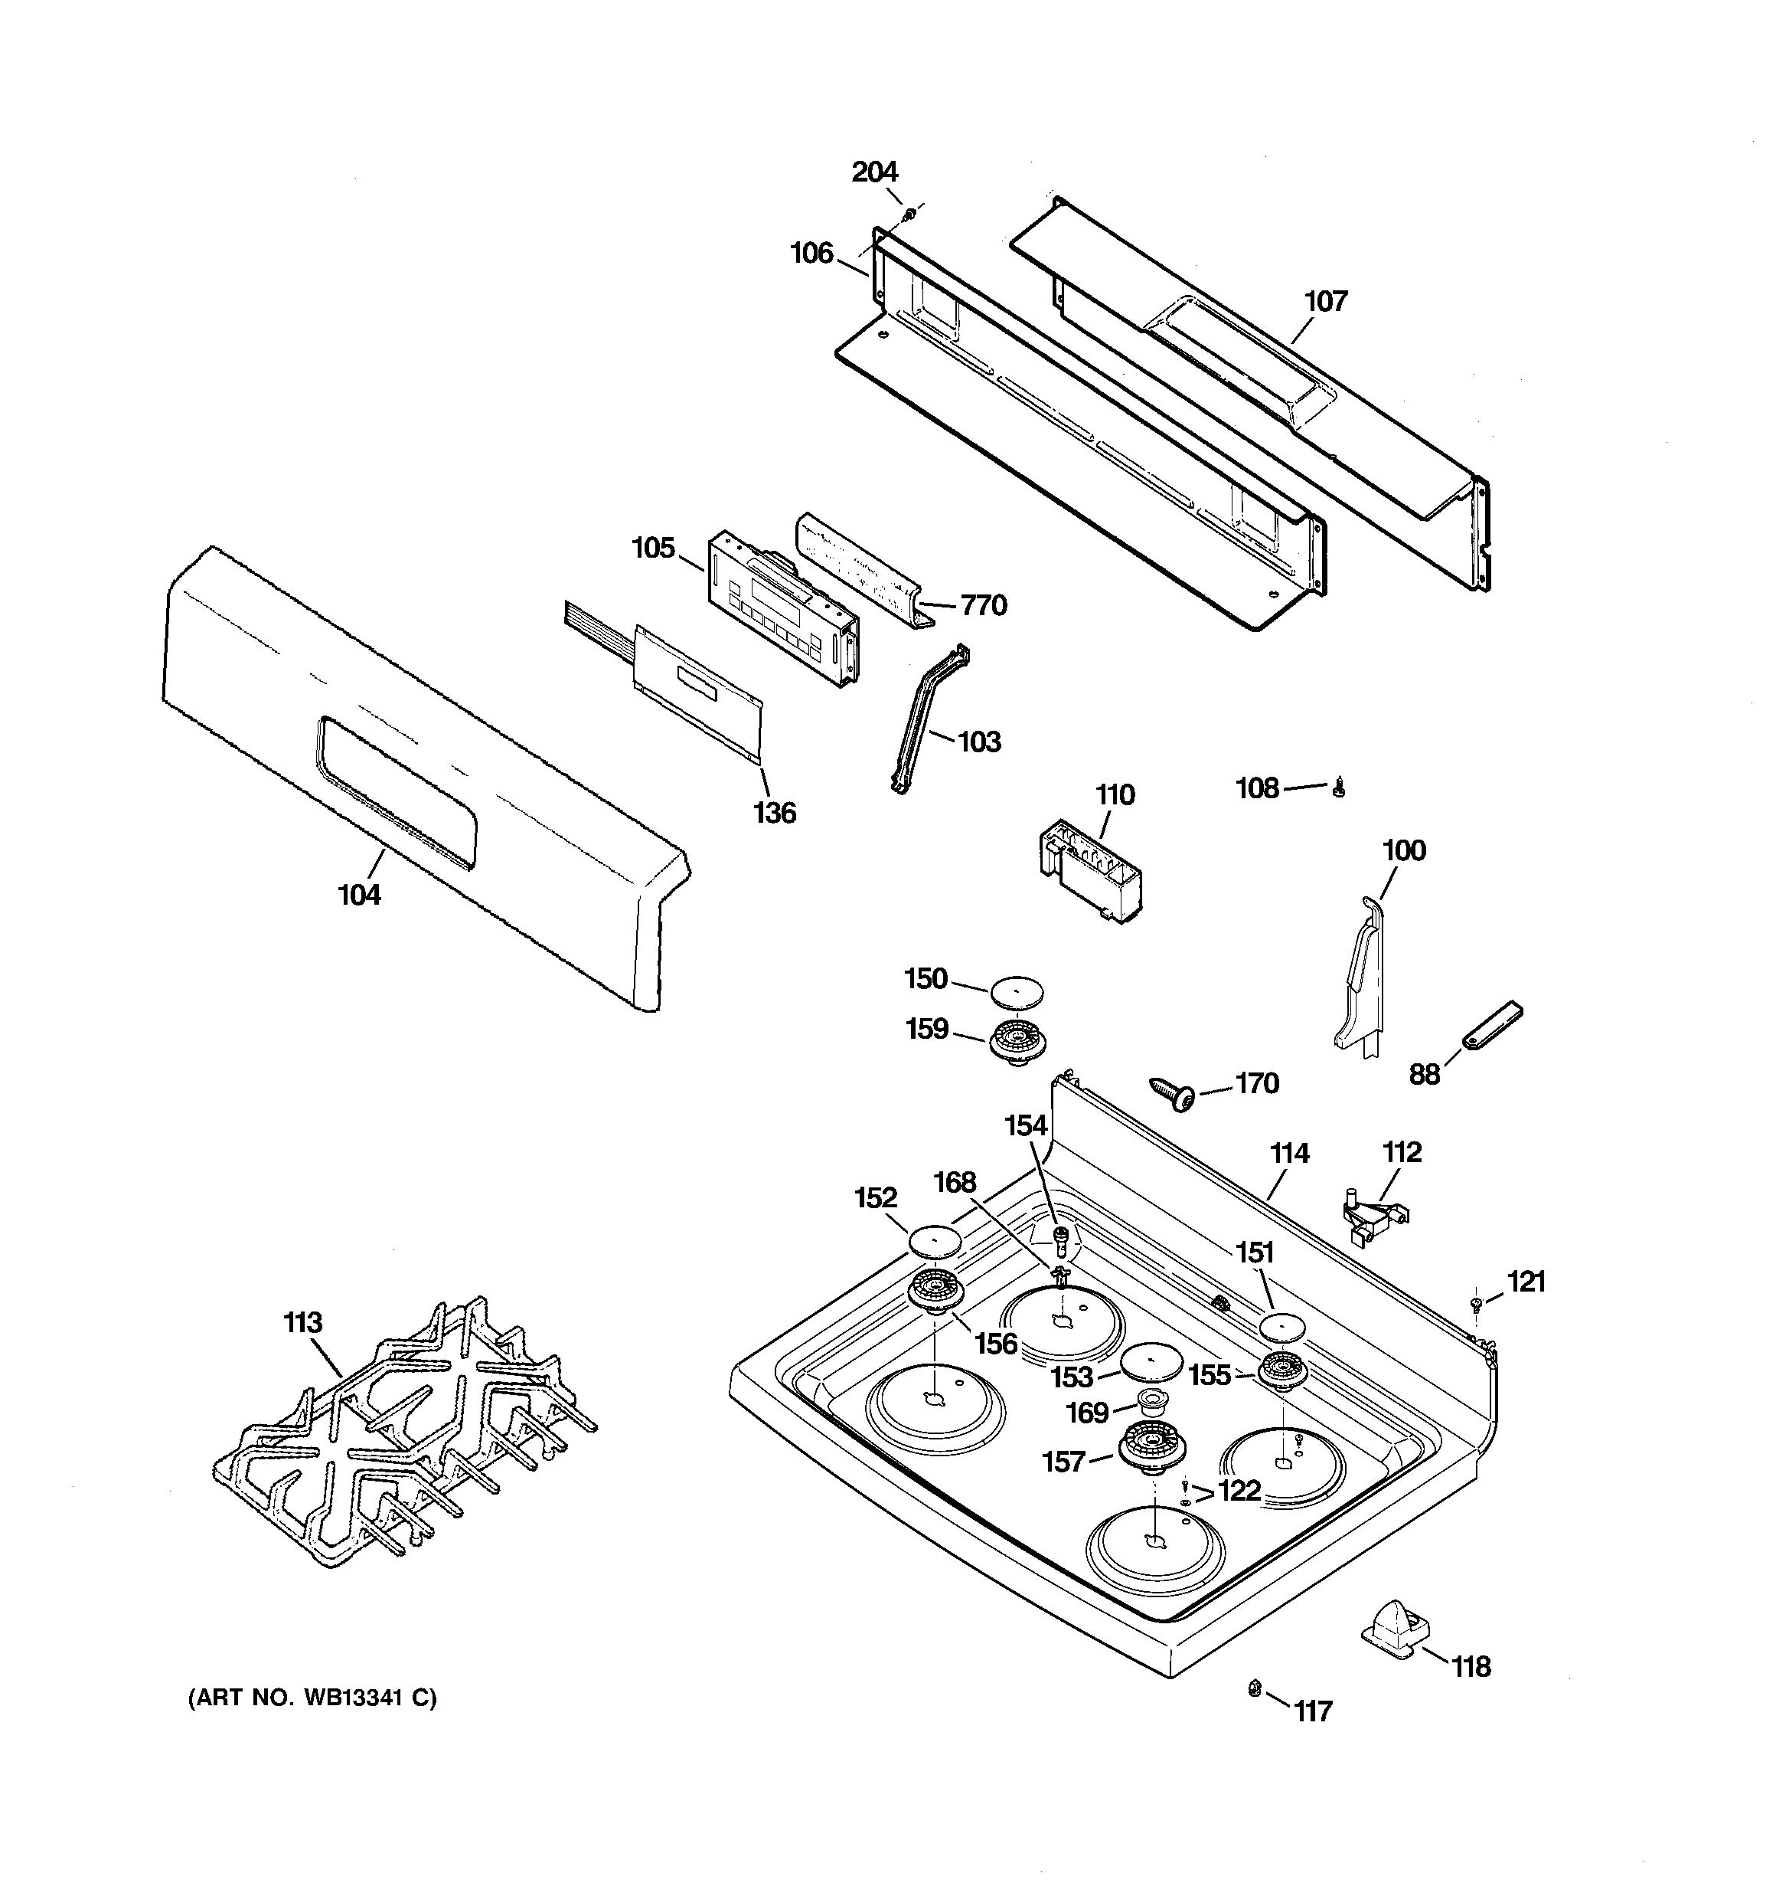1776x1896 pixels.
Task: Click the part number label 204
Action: point(874,172)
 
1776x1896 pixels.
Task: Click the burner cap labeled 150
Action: point(1016,991)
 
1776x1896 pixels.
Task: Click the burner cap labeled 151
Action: point(1283,1327)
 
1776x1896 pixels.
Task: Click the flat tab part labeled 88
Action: point(1492,1025)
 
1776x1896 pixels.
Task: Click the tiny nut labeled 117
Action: point(1255,1689)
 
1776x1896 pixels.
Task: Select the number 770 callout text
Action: point(983,606)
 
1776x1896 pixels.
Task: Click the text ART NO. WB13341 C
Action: point(312,1698)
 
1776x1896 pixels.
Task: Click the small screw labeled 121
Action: point(1477,1302)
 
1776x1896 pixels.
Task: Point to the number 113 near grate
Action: point(303,1323)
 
